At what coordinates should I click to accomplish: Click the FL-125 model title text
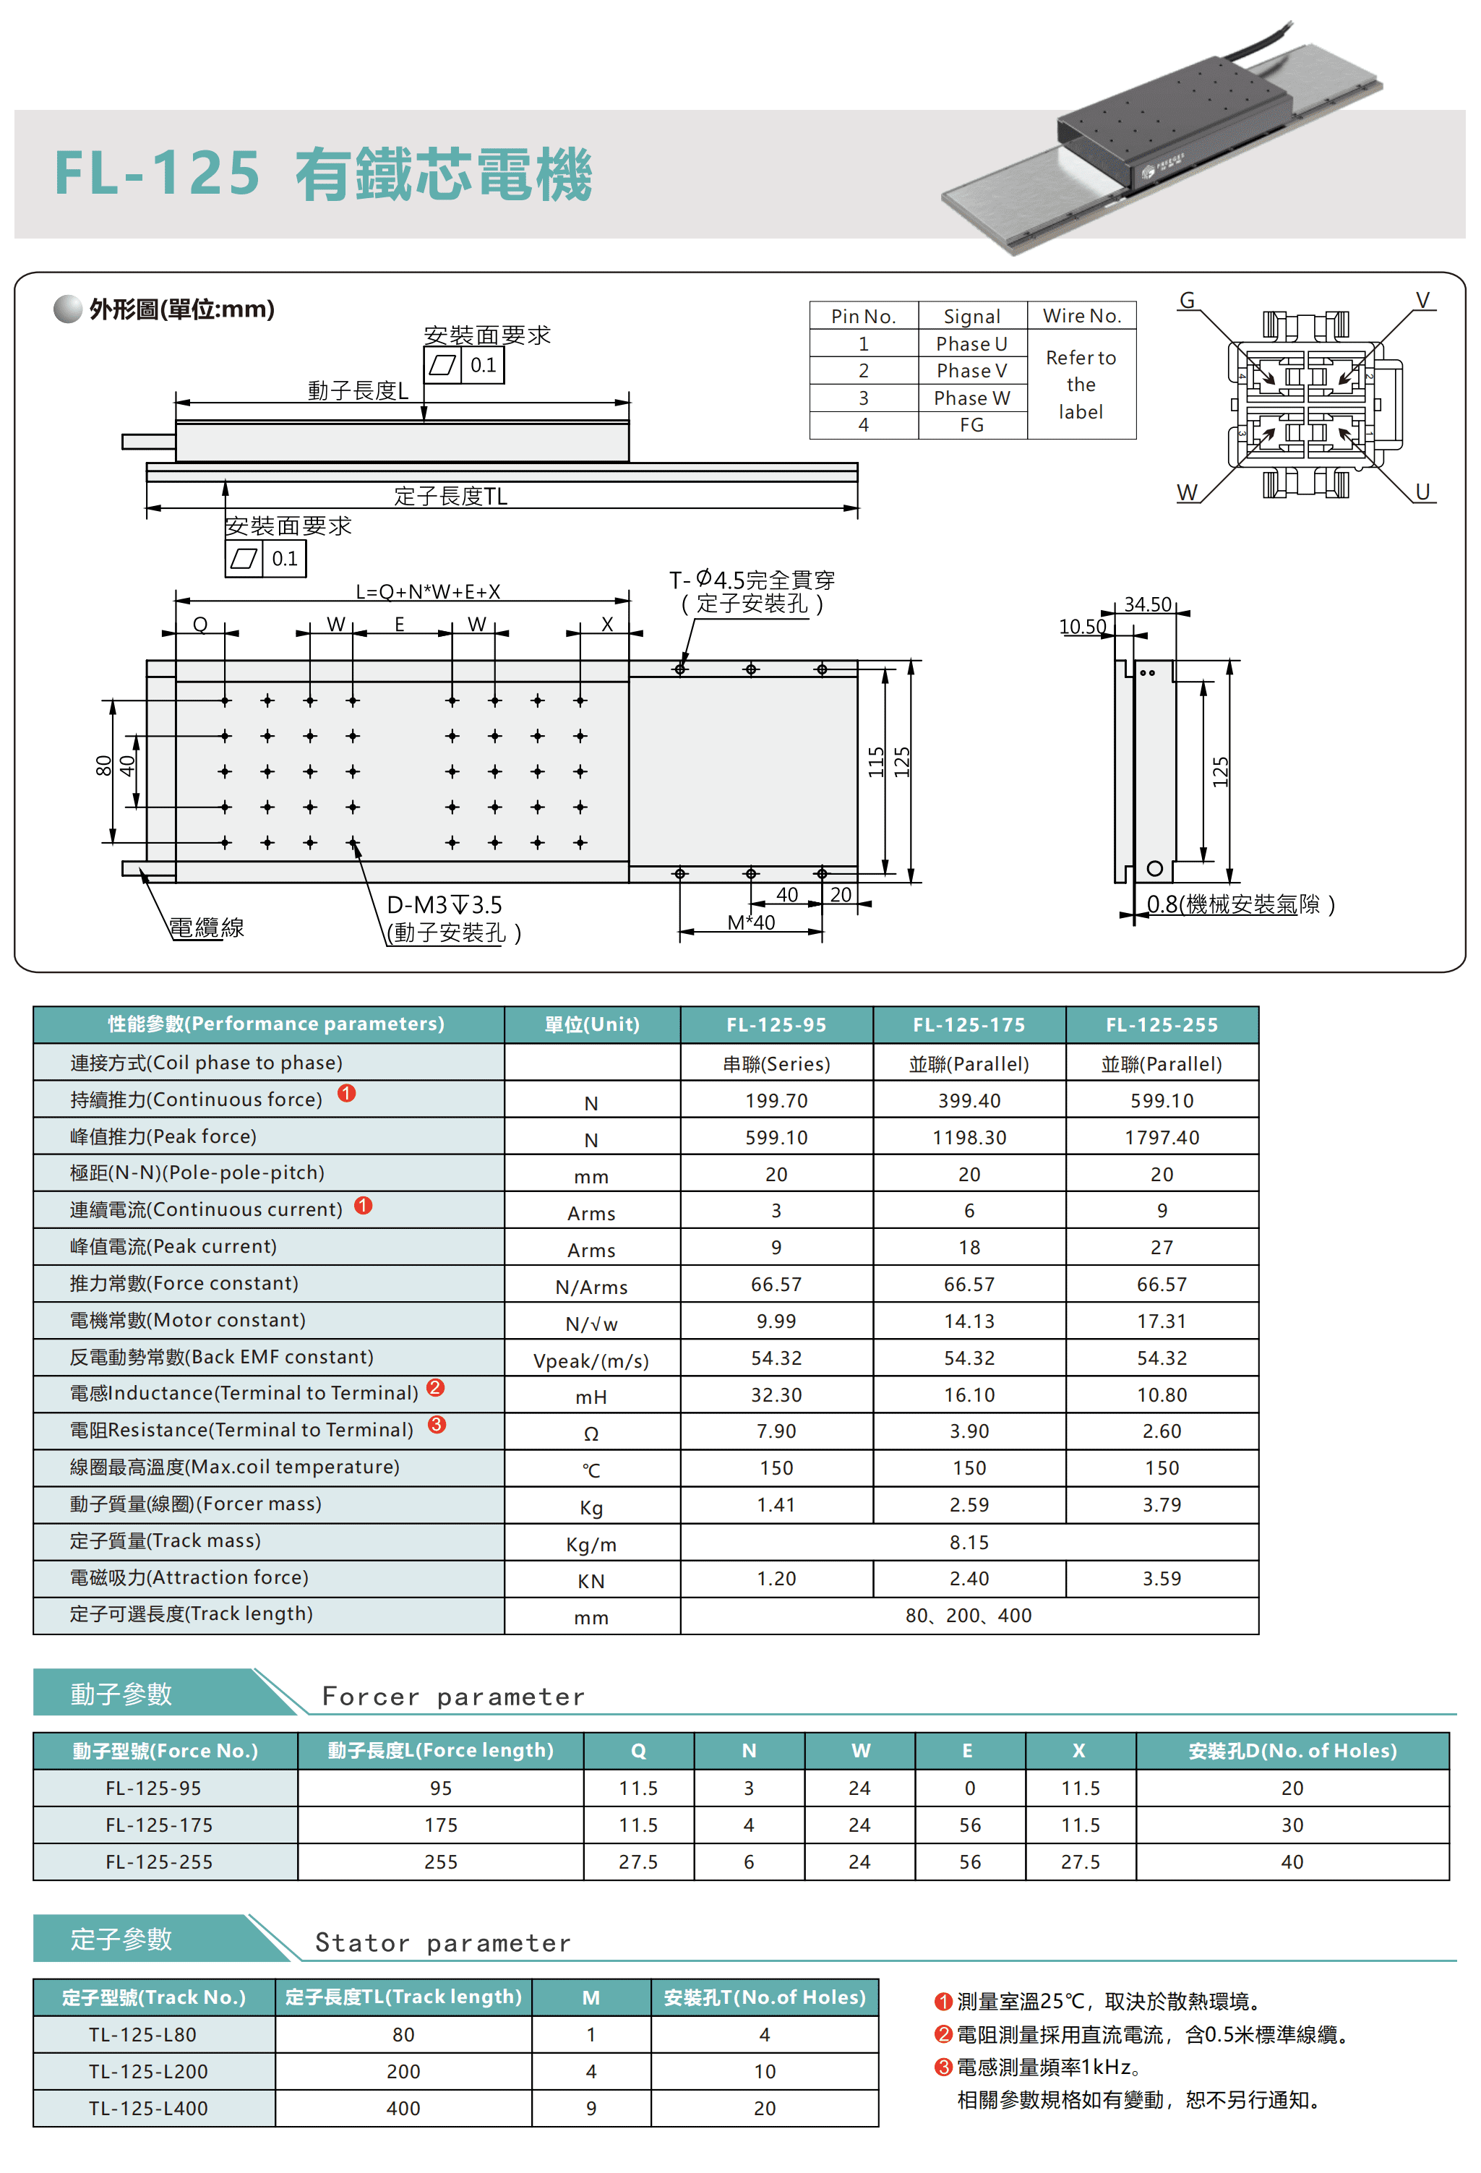pos(157,174)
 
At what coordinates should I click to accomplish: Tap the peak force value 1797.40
pos(1162,1137)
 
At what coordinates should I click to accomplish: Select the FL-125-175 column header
pos(969,1025)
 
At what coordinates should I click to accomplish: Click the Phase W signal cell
pos(971,398)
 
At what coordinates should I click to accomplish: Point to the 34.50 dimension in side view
pos(1147,604)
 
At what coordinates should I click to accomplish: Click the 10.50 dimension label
pos(1082,627)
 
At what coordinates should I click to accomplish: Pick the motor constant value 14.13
pos(969,1321)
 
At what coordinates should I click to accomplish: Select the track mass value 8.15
pos(969,1542)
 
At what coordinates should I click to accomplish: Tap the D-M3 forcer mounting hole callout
pos(444,905)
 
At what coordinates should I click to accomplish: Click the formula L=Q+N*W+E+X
pos(427,592)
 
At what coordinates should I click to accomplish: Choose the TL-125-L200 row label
pos(149,2071)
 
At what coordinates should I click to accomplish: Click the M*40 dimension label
pos(751,923)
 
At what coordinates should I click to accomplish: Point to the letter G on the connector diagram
pos(1187,300)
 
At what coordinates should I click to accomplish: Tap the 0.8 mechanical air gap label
pos(1240,904)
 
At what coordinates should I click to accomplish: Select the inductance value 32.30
pos(776,1395)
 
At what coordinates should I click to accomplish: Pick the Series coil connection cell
pos(776,1064)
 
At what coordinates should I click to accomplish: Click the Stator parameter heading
pos(442,1943)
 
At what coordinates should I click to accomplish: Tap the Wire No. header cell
pos(1081,316)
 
